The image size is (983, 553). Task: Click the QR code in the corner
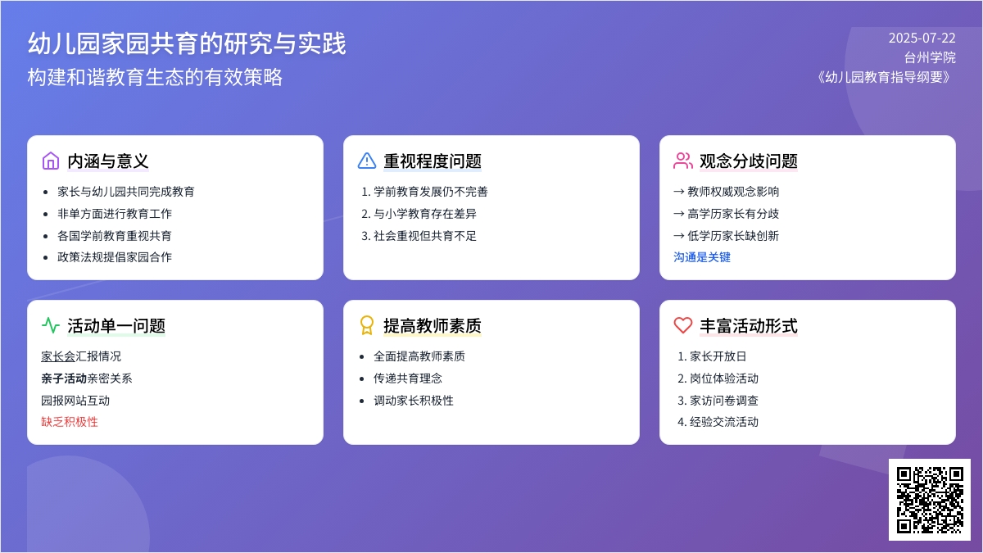click(930, 500)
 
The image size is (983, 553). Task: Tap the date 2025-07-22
click(922, 39)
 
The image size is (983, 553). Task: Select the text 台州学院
click(930, 57)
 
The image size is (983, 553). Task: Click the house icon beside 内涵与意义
click(51, 161)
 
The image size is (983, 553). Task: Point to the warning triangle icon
click(367, 161)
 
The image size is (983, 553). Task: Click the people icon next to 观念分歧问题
click(683, 161)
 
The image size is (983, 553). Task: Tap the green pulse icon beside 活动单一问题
click(51, 326)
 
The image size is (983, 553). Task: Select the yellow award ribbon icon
click(367, 326)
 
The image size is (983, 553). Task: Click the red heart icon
click(683, 326)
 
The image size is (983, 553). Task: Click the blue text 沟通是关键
click(702, 257)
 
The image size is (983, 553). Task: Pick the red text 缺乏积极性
click(70, 422)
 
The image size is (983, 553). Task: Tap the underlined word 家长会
click(58, 356)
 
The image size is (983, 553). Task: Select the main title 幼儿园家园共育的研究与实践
click(187, 44)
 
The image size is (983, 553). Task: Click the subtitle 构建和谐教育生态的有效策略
click(155, 77)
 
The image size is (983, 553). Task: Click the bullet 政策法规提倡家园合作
click(115, 257)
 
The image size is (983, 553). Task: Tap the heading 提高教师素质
click(433, 326)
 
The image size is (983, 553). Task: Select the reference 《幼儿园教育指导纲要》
click(884, 77)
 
